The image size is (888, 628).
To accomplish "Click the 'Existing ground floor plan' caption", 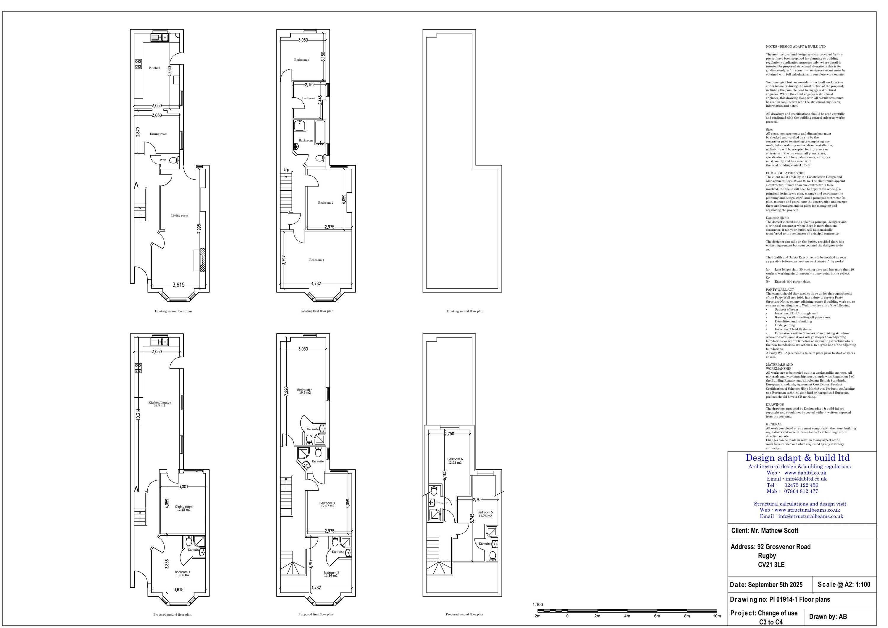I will click(x=173, y=311).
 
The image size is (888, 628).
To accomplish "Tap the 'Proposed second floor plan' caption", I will click(x=464, y=614).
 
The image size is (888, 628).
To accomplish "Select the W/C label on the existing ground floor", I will click(x=163, y=160).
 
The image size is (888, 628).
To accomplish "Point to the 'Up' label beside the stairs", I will click(x=286, y=169).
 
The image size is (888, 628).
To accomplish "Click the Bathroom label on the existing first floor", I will click(x=305, y=140).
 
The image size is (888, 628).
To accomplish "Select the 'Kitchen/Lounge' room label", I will click(x=159, y=402).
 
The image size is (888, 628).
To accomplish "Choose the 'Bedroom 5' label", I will click(x=485, y=512).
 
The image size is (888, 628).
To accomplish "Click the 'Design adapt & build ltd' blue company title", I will click(x=797, y=458).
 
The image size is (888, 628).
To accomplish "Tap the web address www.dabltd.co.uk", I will click(x=805, y=473).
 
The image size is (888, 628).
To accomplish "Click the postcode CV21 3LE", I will click(x=771, y=565).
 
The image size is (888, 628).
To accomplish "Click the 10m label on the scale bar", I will click(x=717, y=616).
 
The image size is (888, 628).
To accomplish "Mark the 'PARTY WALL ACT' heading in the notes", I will click(x=780, y=290).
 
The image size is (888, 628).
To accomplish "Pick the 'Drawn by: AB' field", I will click(x=828, y=617).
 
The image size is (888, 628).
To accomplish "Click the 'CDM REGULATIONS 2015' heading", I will click(x=786, y=173).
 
